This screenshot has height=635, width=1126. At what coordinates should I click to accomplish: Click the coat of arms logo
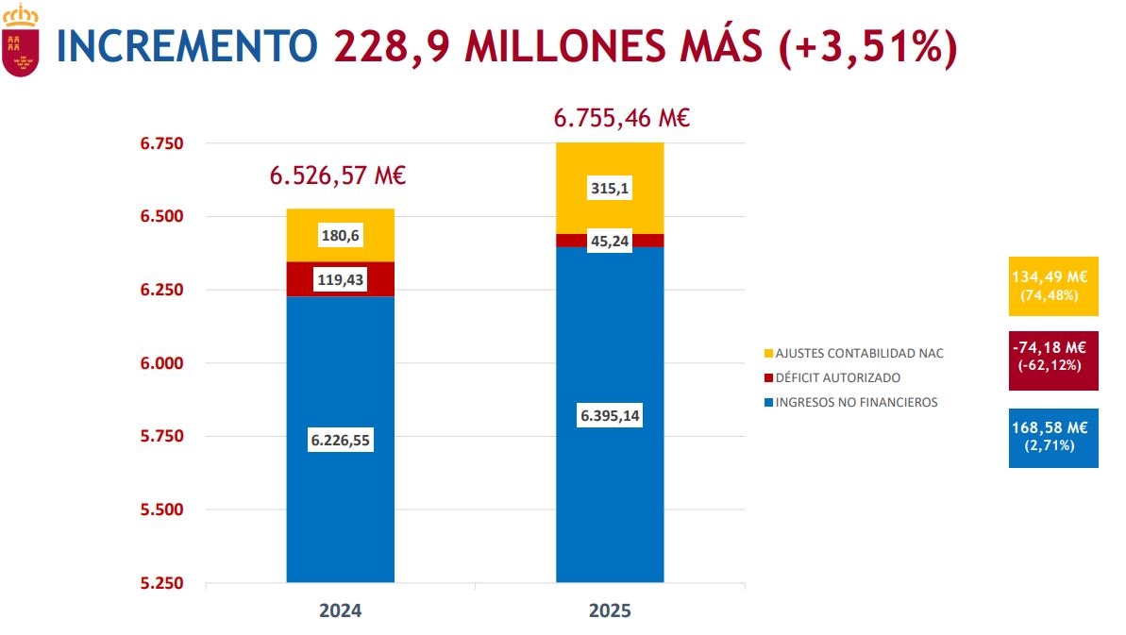coord(20,40)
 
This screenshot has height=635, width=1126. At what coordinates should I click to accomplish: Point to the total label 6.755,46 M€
coord(622,119)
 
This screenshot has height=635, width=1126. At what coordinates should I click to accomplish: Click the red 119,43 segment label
coord(340,279)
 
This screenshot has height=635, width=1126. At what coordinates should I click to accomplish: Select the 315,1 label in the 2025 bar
coord(610,189)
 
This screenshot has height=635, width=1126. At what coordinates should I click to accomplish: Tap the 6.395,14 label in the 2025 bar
coord(610,416)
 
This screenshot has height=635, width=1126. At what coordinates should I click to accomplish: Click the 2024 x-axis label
coord(340,610)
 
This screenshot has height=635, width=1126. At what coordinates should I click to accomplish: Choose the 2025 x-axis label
coord(610,610)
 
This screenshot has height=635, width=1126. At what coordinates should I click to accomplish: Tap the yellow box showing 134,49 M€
coord(1053,286)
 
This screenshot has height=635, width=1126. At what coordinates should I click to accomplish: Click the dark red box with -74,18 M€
coord(1053,359)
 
